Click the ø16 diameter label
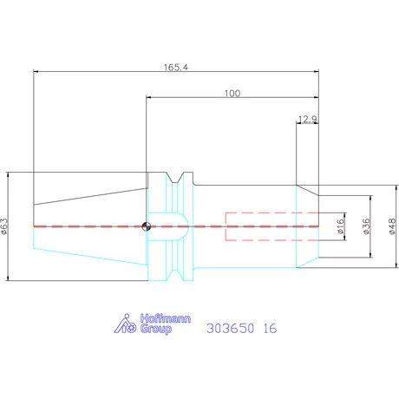click(x=341, y=226)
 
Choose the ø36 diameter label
click(x=366, y=226)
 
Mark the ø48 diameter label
click(x=391, y=226)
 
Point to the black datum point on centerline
click(x=147, y=227)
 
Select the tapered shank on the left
click(x=87, y=226)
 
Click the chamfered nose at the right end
click(x=307, y=226)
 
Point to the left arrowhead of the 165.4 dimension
click(x=36, y=71)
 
